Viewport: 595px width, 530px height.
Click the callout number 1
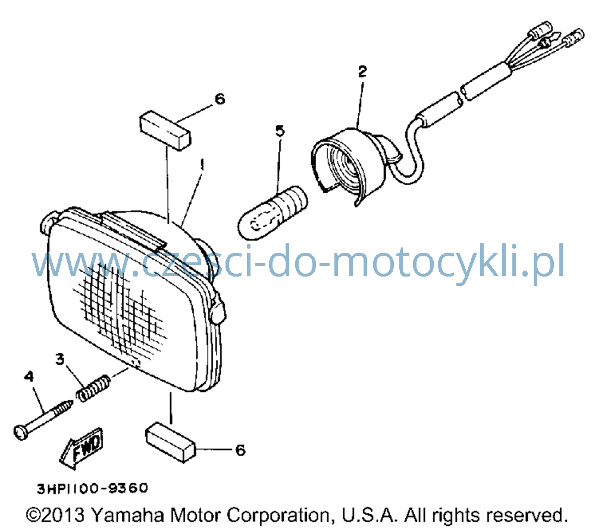[202, 165]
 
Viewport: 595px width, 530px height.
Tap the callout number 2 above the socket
[362, 71]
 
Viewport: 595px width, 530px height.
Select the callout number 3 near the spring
[59, 359]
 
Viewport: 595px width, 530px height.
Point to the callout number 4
[29, 377]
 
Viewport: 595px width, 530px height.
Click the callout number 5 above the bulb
[280, 131]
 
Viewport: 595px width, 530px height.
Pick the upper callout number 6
[220, 99]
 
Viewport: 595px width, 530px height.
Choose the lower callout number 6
[240, 450]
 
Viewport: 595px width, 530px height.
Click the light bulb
[273, 213]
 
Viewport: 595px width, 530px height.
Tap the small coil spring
[93, 387]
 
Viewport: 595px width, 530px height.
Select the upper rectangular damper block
[165, 130]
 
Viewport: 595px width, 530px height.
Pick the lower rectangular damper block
[170, 442]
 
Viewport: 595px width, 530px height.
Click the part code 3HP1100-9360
[93, 488]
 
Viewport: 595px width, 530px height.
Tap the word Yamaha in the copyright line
[128, 515]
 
